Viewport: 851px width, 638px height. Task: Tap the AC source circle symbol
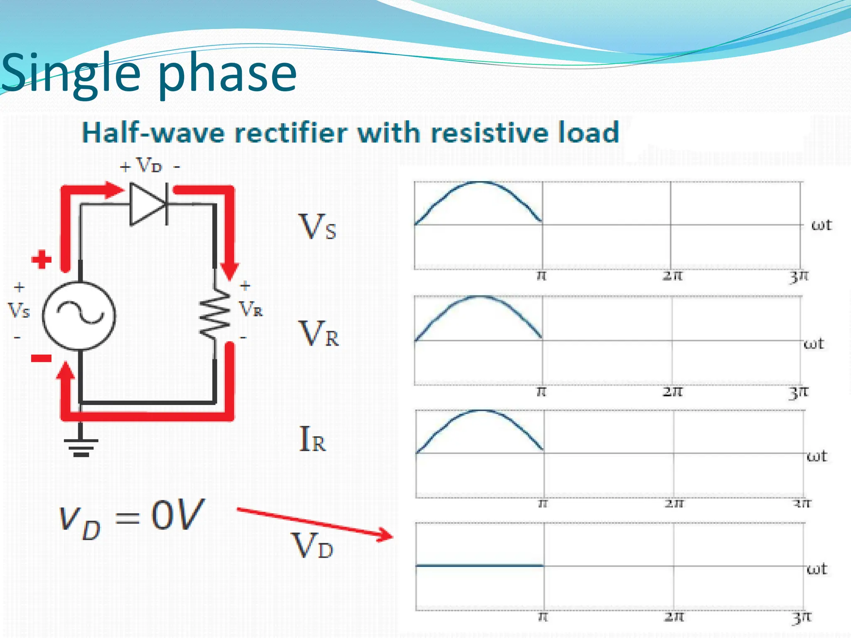[79, 315]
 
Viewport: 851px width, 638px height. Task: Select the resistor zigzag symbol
[215, 314]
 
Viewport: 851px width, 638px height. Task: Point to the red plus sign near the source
[42, 260]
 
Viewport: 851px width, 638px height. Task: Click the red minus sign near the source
[42, 358]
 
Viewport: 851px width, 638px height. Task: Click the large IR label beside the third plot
[312, 439]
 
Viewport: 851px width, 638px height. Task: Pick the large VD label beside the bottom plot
[312, 546]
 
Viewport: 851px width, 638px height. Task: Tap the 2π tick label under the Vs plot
[672, 276]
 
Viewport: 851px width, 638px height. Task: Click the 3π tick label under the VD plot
[801, 617]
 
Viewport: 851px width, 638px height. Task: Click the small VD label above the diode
[149, 166]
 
